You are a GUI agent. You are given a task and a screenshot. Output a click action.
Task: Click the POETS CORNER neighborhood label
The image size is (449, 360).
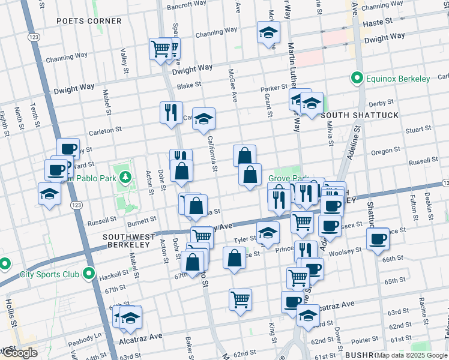coord(89,21)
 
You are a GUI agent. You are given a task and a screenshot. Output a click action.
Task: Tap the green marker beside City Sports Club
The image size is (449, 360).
coord(89,274)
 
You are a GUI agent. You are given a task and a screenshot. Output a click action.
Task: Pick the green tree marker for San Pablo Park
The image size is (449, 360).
coord(125,177)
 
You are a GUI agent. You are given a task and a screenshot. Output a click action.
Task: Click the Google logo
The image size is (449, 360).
coord(19,353)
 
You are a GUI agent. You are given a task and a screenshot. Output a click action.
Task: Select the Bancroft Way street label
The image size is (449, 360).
coord(187,7)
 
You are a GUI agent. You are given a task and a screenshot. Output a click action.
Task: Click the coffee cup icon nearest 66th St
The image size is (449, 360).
coord(378,239)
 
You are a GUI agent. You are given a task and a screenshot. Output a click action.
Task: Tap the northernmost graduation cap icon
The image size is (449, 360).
coord(268,32)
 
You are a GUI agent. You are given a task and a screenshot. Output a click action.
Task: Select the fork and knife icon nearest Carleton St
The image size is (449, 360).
coord(171,112)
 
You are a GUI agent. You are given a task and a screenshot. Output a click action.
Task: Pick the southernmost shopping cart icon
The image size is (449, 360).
coord(240,299)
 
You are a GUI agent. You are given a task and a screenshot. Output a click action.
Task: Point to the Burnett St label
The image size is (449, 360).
coord(142,220)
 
